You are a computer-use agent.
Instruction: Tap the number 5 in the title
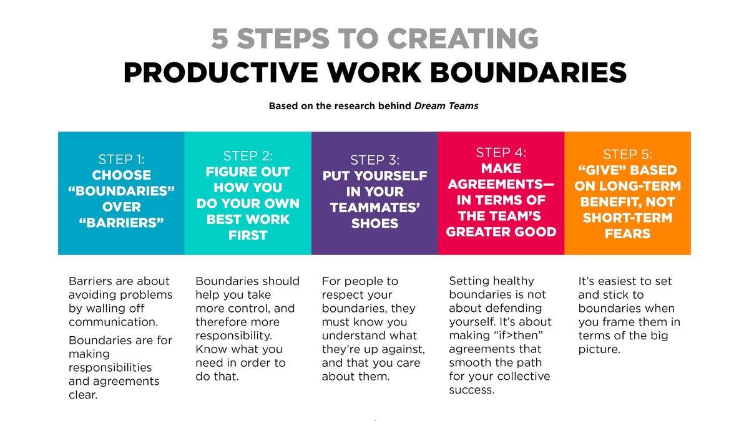tap(219, 39)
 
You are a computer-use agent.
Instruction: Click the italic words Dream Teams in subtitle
tap(446, 106)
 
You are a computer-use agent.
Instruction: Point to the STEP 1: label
tap(122, 159)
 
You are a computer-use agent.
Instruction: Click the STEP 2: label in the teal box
tap(248, 155)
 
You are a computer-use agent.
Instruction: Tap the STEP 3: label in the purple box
tap(374, 160)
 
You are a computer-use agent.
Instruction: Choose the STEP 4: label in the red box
tap(501, 152)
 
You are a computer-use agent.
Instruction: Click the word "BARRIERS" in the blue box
tap(122, 223)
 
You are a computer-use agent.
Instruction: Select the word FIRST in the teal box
tap(248, 235)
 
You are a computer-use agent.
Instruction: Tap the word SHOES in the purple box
tap(374, 224)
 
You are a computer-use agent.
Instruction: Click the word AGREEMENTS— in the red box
tap(501, 185)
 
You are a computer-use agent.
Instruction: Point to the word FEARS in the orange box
tap(628, 234)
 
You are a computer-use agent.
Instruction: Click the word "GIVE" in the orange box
tap(601, 170)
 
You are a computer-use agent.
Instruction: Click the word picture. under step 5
tap(599, 349)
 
